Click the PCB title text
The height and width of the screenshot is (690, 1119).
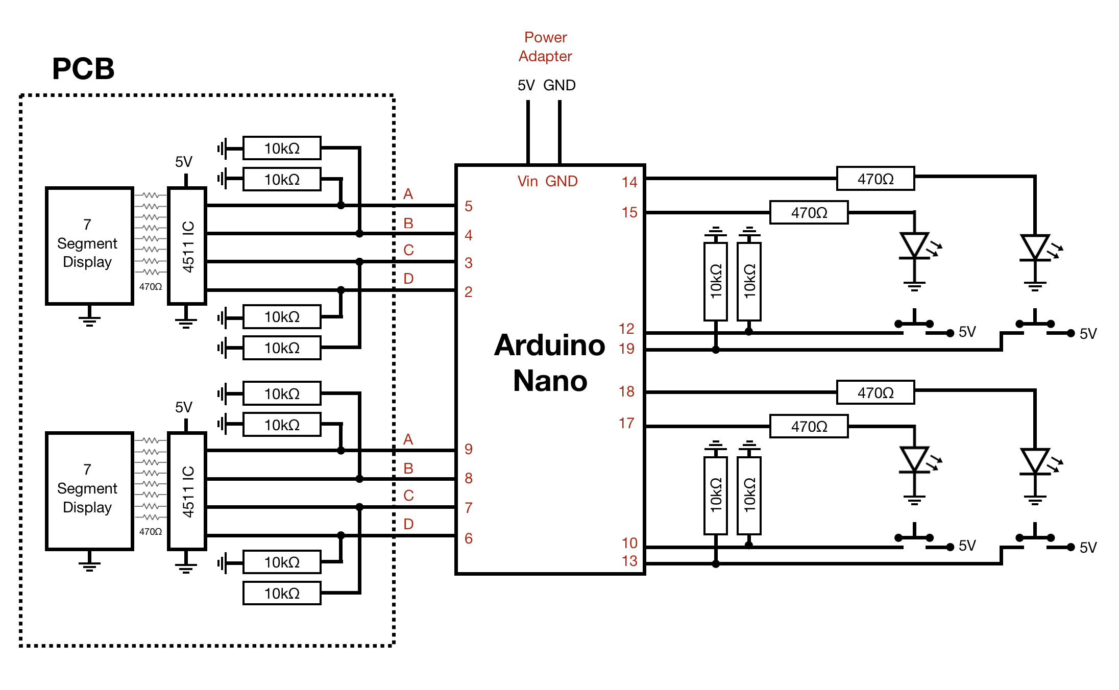coord(83,69)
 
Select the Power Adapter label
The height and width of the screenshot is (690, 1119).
coord(545,46)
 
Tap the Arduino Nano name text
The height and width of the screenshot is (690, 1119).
coord(550,363)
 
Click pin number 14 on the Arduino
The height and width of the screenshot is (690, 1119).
coord(629,182)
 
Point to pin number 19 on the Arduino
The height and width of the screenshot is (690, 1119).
coord(626,349)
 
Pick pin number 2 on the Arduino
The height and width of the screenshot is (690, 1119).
coord(468,292)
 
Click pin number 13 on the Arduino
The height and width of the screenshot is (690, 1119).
coord(629,561)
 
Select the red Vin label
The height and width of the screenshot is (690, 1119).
coord(527,181)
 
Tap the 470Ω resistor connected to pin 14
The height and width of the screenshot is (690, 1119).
coord(875,179)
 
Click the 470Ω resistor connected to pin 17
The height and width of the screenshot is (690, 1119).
coord(809,426)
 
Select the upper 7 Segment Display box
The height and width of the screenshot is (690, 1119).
coord(89,245)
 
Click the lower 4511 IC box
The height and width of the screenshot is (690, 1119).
coord(187,491)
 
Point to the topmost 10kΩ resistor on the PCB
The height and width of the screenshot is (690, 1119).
coord(282,148)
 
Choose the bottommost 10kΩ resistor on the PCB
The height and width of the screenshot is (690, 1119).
coord(282,593)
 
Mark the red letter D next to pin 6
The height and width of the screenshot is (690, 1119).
coord(408,524)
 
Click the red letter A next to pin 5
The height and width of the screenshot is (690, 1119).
coord(408,194)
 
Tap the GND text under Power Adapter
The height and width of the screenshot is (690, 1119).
coord(559,85)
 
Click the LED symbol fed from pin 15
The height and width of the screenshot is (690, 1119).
coord(914,247)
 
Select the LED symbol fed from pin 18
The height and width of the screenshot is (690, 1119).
coord(1035,461)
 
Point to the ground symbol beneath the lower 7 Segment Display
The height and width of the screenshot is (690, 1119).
coord(89,563)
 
